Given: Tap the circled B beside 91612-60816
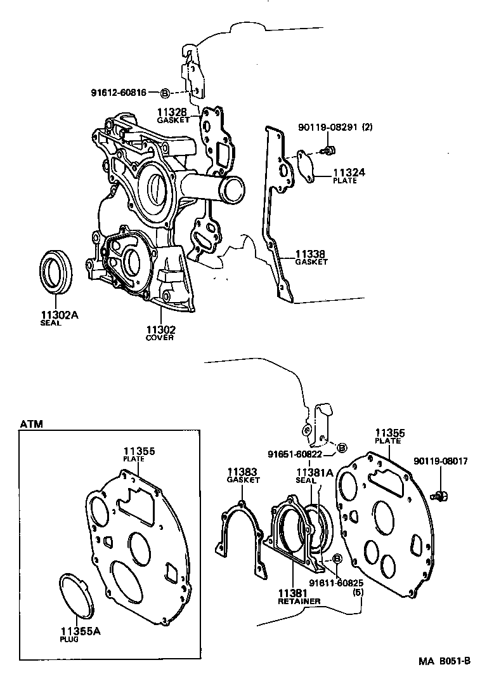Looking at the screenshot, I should [x=164, y=93].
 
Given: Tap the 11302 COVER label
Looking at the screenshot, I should [x=160, y=333].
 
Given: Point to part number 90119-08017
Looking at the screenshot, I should [x=440, y=461].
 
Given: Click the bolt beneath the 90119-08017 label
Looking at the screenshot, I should [x=438, y=495].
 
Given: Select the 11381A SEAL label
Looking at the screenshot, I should [x=315, y=476].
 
